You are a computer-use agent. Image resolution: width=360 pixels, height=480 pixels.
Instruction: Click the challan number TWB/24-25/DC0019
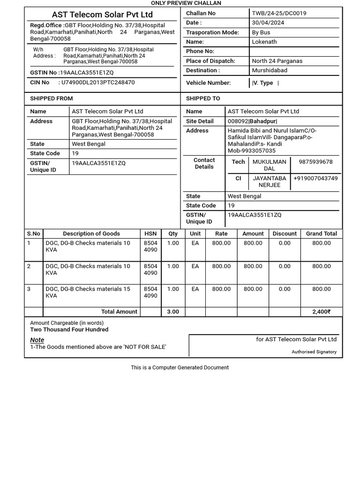tap(279, 13)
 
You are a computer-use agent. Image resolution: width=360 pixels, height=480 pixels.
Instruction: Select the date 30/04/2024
tap(268, 22)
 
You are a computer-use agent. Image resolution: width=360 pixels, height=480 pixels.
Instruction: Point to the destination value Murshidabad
tap(270, 70)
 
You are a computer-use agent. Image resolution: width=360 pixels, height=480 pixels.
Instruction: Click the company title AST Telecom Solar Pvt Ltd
tap(102, 15)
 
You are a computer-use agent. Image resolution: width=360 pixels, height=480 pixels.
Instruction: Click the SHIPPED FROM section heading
tap(52, 98)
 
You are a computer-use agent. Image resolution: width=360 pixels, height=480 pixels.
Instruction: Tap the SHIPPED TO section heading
tap(203, 98)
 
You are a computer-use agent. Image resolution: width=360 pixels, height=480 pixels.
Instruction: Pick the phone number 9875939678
tap(315, 162)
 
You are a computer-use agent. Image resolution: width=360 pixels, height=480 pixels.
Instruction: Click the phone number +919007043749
tap(315, 178)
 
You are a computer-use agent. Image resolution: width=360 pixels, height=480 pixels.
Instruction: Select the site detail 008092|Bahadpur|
tap(252, 121)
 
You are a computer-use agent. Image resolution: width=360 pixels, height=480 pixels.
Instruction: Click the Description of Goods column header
tap(91, 233)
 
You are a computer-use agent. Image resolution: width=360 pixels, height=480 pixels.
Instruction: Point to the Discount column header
tap(285, 233)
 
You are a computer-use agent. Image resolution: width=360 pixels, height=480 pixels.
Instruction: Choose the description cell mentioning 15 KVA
tap(88, 292)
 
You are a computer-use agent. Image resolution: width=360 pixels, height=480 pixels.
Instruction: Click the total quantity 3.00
tap(173, 312)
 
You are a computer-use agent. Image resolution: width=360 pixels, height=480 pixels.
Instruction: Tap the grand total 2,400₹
tap(321, 312)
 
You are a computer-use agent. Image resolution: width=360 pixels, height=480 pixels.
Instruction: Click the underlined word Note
tap(37, 340)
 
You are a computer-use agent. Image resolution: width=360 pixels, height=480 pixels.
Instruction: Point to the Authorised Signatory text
tap(314, 352)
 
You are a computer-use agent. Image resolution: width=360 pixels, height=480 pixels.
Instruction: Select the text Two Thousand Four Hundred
tap(69, 330)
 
